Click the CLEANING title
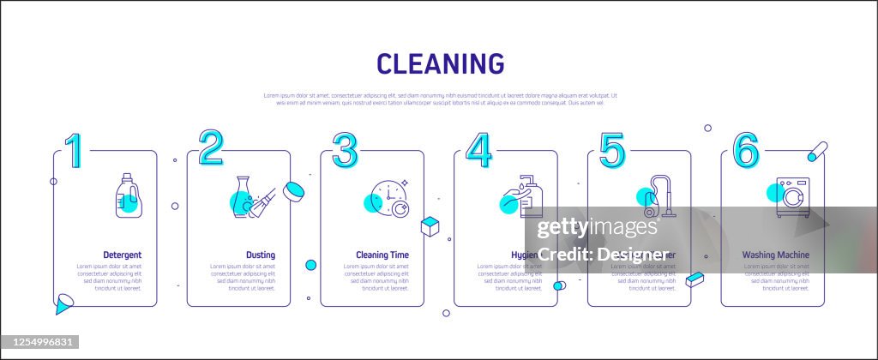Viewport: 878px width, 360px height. click(441, 63)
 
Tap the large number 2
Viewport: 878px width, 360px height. click(211, 147)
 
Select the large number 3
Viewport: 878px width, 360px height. click(344, 150)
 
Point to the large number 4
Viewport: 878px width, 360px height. click(478, 150)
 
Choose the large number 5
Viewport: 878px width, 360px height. click(611, 150)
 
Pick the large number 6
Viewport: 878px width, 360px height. click(745, 150)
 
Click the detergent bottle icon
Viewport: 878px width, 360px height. click(127, 196)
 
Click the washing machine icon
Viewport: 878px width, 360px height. click(792, 198)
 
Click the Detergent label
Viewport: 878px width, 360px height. click(123, 255)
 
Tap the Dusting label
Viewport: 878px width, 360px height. click(261, 255)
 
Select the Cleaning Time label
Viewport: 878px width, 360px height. click(382, 255)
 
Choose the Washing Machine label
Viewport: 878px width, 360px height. click(775, 255)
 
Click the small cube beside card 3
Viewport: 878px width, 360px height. click(430, 226)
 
